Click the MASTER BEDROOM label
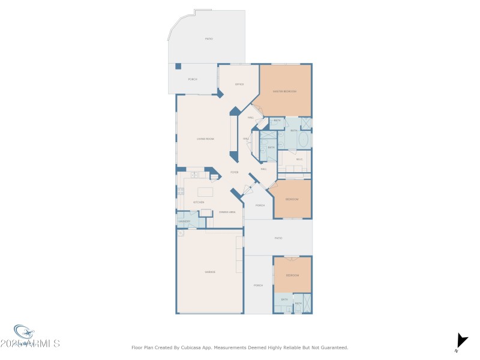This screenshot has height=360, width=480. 284,91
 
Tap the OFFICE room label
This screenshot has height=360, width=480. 239,85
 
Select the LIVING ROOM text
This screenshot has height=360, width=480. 206,139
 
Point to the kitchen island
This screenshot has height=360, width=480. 206,192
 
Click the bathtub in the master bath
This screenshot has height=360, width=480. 303,140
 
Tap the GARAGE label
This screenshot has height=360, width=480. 210,272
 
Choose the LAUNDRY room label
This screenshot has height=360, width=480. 184,221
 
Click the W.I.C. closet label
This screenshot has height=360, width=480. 299,160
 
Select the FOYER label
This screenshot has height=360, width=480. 235,172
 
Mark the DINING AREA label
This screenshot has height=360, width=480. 227,212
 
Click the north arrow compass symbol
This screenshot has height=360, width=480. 461,341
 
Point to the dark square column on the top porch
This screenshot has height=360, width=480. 178,67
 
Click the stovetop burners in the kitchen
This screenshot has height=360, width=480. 180,193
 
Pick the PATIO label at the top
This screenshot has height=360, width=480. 209,39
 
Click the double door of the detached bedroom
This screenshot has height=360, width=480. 292,259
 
